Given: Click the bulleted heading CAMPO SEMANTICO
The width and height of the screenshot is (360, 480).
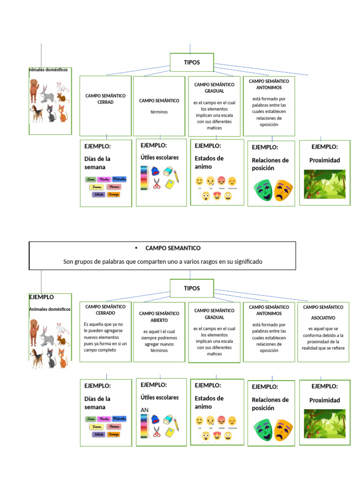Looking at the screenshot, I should pos(173,248).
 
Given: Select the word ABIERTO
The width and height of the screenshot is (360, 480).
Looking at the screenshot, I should pos(159,321).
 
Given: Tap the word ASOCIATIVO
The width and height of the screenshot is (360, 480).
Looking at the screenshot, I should pos(323,317).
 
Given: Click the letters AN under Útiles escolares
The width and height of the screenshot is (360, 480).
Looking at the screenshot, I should pos(145,410).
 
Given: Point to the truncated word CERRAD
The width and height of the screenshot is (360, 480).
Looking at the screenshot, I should pos(105,102).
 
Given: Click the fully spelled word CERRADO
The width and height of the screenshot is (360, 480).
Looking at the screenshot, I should pos(105,313).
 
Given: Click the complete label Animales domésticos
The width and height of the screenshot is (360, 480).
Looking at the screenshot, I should pos(50,309).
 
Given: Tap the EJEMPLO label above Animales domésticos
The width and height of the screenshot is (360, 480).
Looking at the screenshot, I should pos(42,297).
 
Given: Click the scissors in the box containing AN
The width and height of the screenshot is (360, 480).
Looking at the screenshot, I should pos(157,432).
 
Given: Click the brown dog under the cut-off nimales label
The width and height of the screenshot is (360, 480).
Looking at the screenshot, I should pos(33,90).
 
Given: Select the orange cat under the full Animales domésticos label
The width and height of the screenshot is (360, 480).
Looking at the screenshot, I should pos(62,358).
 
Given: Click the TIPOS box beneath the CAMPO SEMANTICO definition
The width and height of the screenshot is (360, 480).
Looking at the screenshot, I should pos(192,288).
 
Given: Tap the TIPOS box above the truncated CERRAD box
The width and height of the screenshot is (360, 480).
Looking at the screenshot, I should pos(192,62).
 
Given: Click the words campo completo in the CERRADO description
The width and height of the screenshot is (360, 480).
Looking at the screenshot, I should pos(100,350).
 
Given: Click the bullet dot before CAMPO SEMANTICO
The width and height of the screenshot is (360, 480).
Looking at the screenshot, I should pos(135,248).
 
